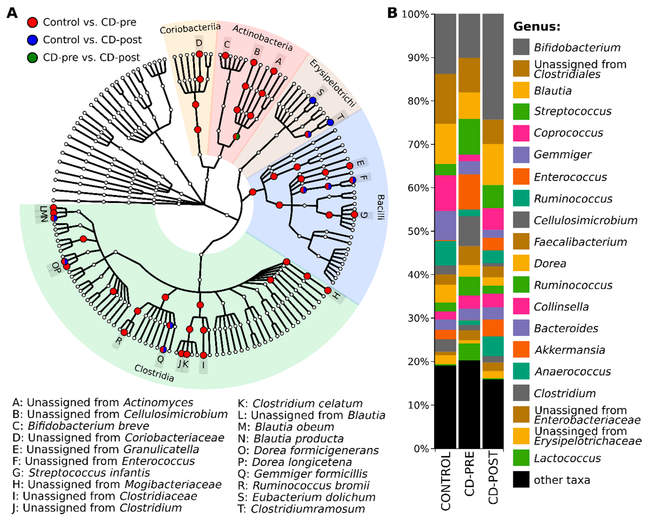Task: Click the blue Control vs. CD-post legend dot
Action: (x=32, y=40)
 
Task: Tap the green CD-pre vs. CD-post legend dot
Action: (x=32, y=58)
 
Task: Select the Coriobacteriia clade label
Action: (x=190, y=29)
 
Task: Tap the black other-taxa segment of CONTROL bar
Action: (x=445, y=407)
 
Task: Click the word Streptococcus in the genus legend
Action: (x=573, y=111)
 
